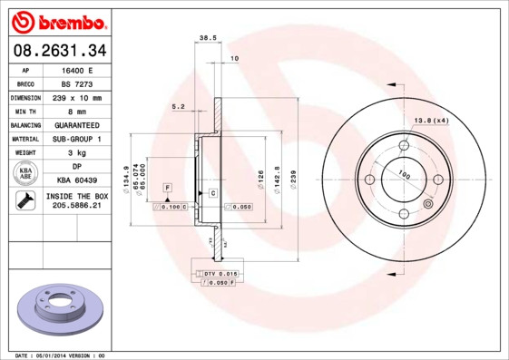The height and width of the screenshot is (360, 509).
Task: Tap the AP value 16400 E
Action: [x=76, y=69]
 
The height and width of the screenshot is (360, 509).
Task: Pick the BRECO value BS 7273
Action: [x=76, y=83]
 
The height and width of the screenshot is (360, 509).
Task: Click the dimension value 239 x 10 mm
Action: [x=76, y=97]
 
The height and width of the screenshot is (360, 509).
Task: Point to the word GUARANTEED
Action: [x=76, y=124]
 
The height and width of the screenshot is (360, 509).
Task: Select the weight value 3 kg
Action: [x=76, y=152]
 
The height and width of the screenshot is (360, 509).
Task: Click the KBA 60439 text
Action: [x=76, y=180]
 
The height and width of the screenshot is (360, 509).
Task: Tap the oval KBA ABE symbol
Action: [x=26, y=173]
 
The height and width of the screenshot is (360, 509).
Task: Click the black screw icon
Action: [x=25, y=201]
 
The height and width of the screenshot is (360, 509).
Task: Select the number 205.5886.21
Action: [x=76, y=206]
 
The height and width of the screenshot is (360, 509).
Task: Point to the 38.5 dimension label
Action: [x=206, y=37]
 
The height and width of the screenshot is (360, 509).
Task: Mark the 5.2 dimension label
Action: [x=178, y=107]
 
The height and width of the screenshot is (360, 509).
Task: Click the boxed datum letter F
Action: [x=168, y=187]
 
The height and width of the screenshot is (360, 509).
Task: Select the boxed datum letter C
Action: [x=212, y=193]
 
